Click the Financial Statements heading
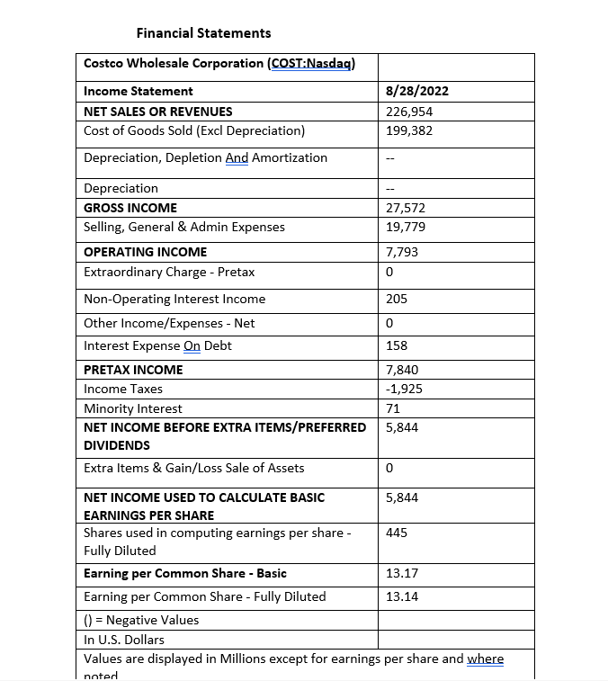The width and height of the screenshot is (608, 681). click(203, 33)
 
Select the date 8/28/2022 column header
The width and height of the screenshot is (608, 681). click(416, 91)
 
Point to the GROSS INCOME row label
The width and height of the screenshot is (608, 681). click(130, 208)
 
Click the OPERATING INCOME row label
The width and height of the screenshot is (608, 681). click(145, 252)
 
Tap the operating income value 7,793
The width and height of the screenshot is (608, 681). click(401, 252)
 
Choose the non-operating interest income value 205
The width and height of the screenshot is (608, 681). click(396, 299)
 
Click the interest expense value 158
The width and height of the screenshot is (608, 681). click(396, 345)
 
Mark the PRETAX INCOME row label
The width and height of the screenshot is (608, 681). click(133, 370)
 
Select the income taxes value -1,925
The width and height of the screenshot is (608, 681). click(404, 389)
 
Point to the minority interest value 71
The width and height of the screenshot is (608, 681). click(392, 408)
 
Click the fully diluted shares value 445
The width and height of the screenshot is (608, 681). click(396, 533)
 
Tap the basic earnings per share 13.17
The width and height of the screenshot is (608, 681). click(401, 573)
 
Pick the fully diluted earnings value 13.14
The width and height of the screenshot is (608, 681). click(401, 596)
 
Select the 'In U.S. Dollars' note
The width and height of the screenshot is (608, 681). click(124, 640)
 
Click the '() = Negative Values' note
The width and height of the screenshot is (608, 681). click(141, 620)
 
